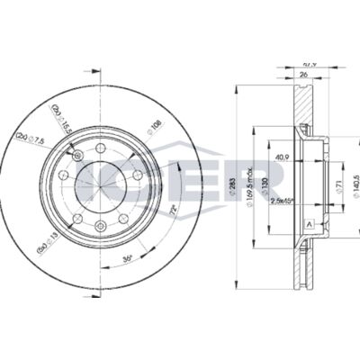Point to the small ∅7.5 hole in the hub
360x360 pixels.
tap(80, 158)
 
